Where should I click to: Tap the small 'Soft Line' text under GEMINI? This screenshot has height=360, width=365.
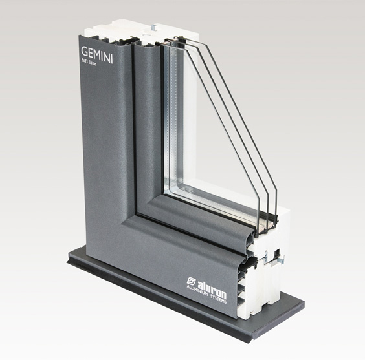[89, 62]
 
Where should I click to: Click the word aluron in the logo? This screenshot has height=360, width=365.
[212, 289]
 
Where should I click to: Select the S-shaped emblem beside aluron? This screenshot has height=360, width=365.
[192, 281]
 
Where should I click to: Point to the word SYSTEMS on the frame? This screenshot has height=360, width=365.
[218, 299]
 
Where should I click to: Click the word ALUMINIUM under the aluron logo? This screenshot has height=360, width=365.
[197, 292]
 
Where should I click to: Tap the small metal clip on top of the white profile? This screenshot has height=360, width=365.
[153, 27]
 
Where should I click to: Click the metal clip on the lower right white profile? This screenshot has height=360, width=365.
[282, 259]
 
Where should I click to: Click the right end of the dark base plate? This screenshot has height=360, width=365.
[304, 303]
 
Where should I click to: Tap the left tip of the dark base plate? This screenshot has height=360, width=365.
[68, 262]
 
